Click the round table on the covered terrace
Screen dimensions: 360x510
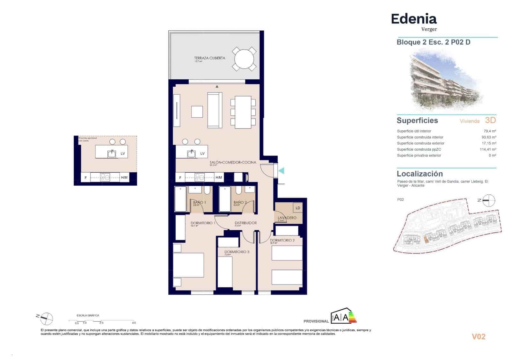pos(244,59)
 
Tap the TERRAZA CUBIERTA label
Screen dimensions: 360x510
pos(209,58)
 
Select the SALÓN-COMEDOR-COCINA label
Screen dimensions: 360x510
pos(233,162)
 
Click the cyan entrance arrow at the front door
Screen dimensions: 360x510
pos(281,171)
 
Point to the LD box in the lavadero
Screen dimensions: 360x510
pos(298,208)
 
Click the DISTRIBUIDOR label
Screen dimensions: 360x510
pos(245,223)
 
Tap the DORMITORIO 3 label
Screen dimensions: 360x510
pos(237,252)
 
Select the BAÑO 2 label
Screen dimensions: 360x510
pos(240,202)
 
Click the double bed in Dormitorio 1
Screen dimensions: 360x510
pos(188,265)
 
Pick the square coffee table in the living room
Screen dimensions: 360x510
pos(197,112)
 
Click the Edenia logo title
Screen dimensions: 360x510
pos(414,19)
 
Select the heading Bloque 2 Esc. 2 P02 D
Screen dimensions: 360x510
pos(433,42)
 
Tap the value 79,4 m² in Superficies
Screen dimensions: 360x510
pos(490,131)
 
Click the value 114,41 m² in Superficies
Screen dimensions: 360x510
pos(488,149)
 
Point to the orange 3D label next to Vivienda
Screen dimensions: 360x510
pos(490,120)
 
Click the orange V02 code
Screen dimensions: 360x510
pos(478,337)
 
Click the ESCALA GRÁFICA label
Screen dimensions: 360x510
pos(88,315)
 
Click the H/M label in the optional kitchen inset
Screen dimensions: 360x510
pos(124,177)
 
